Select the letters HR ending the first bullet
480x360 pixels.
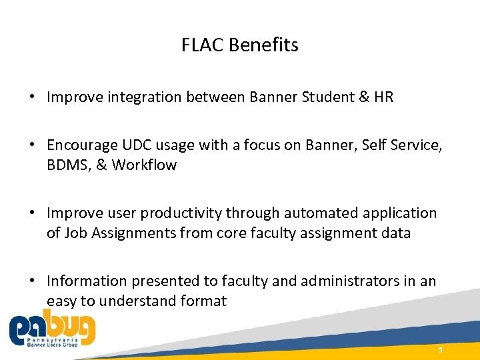[384, 97]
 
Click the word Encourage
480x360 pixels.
[83, 145]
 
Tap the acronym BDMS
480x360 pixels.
[67, 165]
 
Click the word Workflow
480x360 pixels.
[144, 165]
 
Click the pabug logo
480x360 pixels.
[52, 330]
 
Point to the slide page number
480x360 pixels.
[440, 349]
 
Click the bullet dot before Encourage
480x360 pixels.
[32, 145]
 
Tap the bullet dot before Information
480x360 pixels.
[32, 281]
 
